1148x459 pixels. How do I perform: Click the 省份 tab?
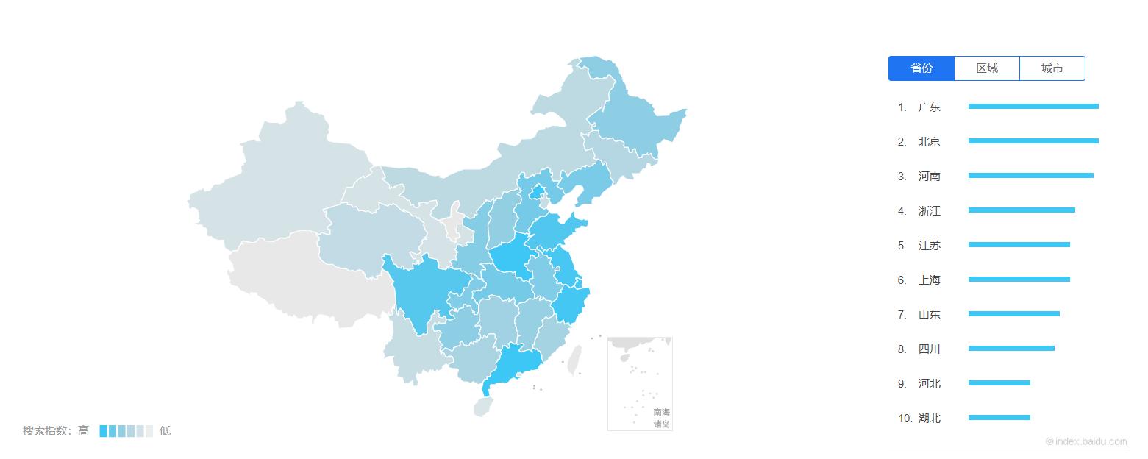pos(921,68)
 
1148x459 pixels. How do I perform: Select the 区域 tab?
pos(987,68)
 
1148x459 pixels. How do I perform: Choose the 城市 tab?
pos(1052,68)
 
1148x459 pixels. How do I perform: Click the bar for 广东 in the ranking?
pos(1033,107)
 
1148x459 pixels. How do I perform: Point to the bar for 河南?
pos(1030,176)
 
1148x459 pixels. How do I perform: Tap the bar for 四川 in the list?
pos(1011,349)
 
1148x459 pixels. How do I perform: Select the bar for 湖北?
pos(999,418)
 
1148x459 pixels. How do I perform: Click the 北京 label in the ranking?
pos(929,142)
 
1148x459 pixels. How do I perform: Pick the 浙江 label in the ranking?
pos(929,211)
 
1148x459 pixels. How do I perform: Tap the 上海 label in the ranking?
pos(929,280)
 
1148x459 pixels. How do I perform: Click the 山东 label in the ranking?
pos(929,315)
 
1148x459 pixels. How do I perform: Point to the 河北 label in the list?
pos(929,384)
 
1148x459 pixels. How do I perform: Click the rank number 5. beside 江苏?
pos(902,246)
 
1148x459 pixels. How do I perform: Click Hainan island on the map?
pos(482,406)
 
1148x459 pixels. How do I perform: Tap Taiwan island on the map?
pos(574,360)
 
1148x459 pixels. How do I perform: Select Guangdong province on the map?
pos(515,364)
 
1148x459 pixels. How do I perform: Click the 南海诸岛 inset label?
pos(661,419)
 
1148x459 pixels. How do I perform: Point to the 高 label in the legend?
pos(84,431)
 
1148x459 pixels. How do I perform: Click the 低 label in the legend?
pos(165,431)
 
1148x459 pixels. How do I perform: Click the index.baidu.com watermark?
pos(1086,441)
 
